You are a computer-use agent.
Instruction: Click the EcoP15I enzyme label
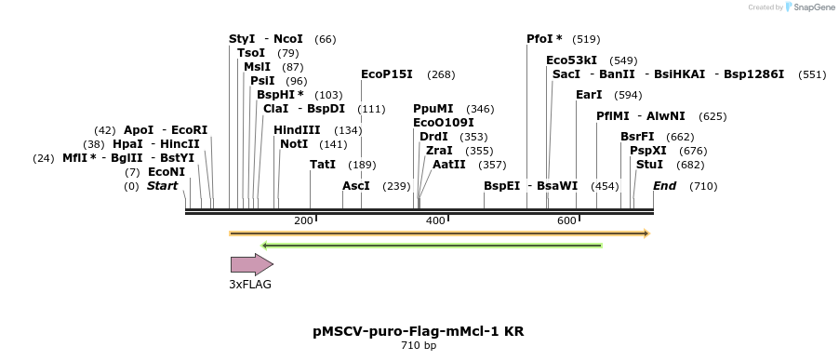[x=386, y=74]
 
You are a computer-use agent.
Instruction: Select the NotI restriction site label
[x=294, y=144]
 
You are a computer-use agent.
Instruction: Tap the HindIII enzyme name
[x=297, y=130]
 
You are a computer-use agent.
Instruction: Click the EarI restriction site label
[x=589, y=95]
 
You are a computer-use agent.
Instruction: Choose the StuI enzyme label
[x=649, y=165]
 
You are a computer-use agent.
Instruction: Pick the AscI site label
[x=356, y=186]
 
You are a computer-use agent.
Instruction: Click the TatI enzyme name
[x=323, y=165]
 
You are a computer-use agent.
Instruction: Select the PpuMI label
[x=433, y=109]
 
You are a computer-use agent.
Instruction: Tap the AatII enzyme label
[x=449, y=165]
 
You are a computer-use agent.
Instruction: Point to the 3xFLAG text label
[x=251, y=285]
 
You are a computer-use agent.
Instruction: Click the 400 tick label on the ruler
[x=435, y=220]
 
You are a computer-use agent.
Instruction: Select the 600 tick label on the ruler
[x=566, y=220]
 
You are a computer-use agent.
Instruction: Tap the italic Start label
[x=162, y=186]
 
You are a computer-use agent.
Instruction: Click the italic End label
[x=664, y=186]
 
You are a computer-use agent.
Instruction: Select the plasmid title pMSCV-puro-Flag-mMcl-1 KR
[x=419, y=331]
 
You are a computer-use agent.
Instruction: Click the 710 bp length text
[x=419, y=346]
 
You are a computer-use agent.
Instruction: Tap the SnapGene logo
[x=808, y=7]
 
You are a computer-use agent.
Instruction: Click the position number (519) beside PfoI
[x=586, y=39]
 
